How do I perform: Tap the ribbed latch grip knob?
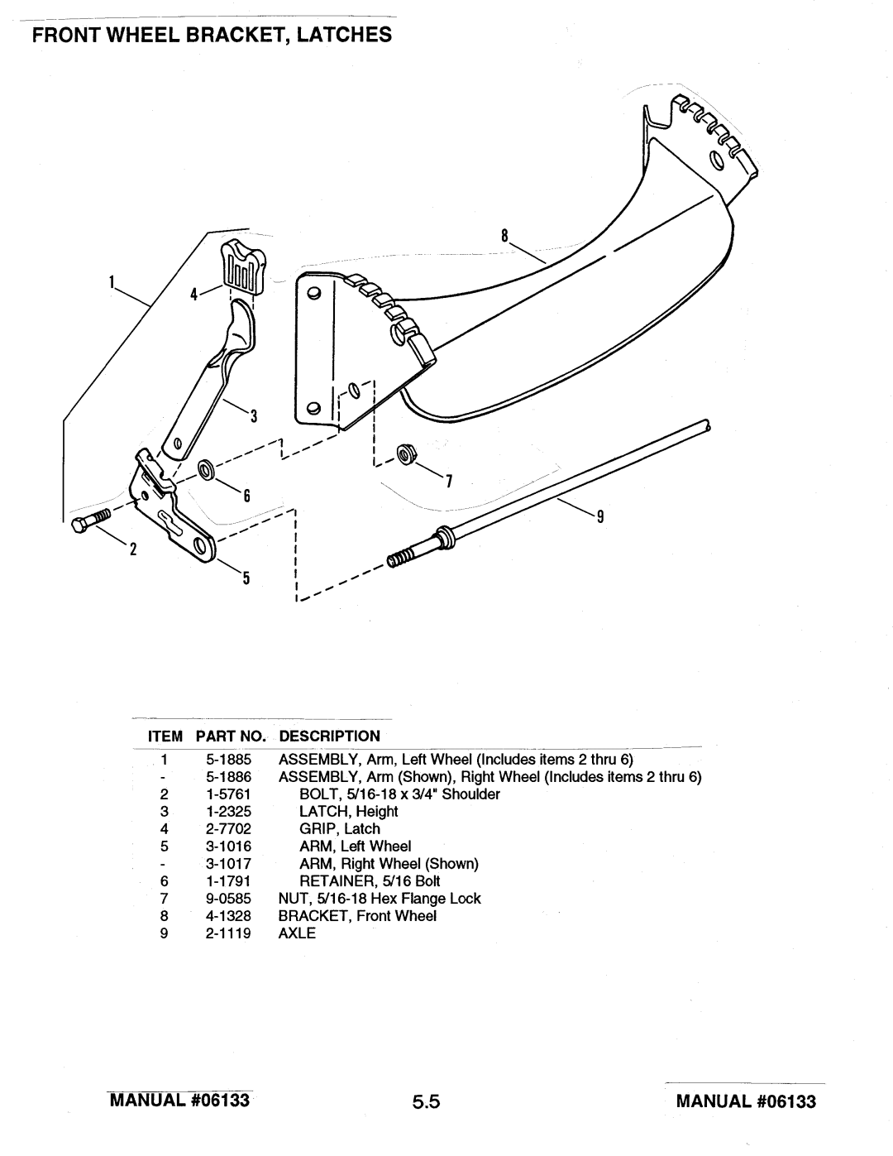click(243, 265)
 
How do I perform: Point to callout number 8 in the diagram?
click(504, 235)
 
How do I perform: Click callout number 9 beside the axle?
click(600, 516)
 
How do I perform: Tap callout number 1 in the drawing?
click(112, 281)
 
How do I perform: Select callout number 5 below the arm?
click(246, 578)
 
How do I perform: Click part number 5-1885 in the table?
click(228, 759)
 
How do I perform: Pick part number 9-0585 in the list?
click(228, 899)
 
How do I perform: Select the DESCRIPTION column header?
click(330, 736)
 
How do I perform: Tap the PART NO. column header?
click(231, 736)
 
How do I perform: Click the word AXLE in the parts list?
click(297, 933)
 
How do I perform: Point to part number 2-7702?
click(228, 829)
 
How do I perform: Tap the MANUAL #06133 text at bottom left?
click(179, 1100)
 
